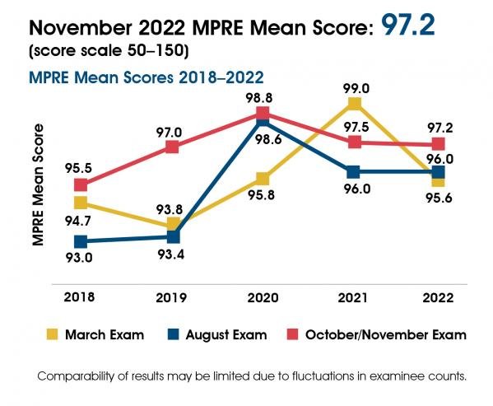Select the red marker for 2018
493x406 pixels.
pos(81,185)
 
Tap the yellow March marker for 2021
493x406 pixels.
pos(354,104)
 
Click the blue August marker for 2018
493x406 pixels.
pos(81,241)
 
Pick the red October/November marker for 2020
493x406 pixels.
pos(263,113)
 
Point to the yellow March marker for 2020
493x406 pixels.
pos(263,179)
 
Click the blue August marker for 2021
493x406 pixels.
pos(354,172)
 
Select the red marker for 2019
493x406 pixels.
pos(172,147)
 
